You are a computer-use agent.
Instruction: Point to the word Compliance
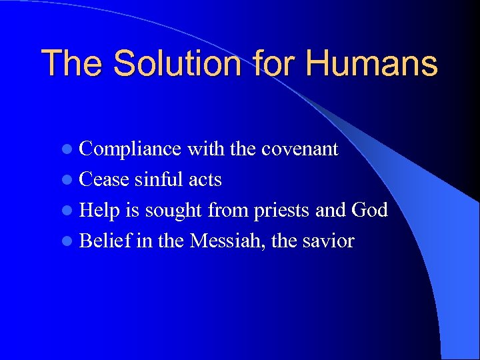pos(130,149)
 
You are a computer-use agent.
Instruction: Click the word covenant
pos(299,149)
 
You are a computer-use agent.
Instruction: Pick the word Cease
pos(104,179)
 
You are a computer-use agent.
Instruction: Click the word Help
pos(100,210)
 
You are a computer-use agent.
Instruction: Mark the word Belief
pos(105,241)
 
